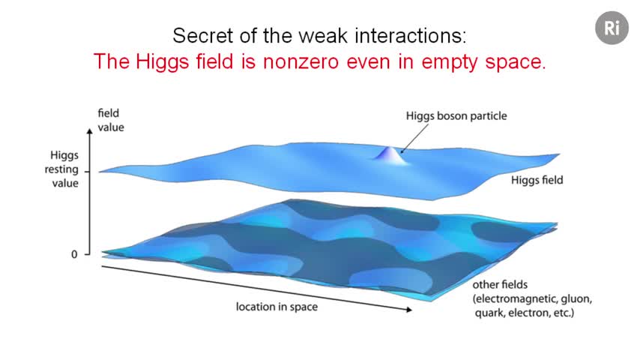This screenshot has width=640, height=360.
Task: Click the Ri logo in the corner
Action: [612, 28]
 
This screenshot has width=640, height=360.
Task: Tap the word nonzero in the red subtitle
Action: [301, 61]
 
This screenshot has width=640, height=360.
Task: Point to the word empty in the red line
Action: [450, 62]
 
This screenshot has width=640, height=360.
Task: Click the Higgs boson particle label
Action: [456, 116]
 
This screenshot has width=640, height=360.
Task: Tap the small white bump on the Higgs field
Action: [390, 156]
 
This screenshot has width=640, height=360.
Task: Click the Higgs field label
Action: [537, 180]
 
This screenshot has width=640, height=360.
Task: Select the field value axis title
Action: [111, 120]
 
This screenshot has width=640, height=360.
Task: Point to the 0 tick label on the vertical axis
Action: [74, 254]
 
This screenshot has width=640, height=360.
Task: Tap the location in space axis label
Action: [277, 307]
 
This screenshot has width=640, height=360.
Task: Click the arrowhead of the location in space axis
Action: [409, 310]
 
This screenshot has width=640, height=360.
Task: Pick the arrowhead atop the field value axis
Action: [90, 130]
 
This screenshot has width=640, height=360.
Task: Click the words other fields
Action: [500, 284]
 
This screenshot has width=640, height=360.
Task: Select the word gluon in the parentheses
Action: [576, 299]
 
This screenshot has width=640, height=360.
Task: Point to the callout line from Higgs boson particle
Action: [414, 139]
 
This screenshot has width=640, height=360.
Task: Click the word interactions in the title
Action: [411, 35]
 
